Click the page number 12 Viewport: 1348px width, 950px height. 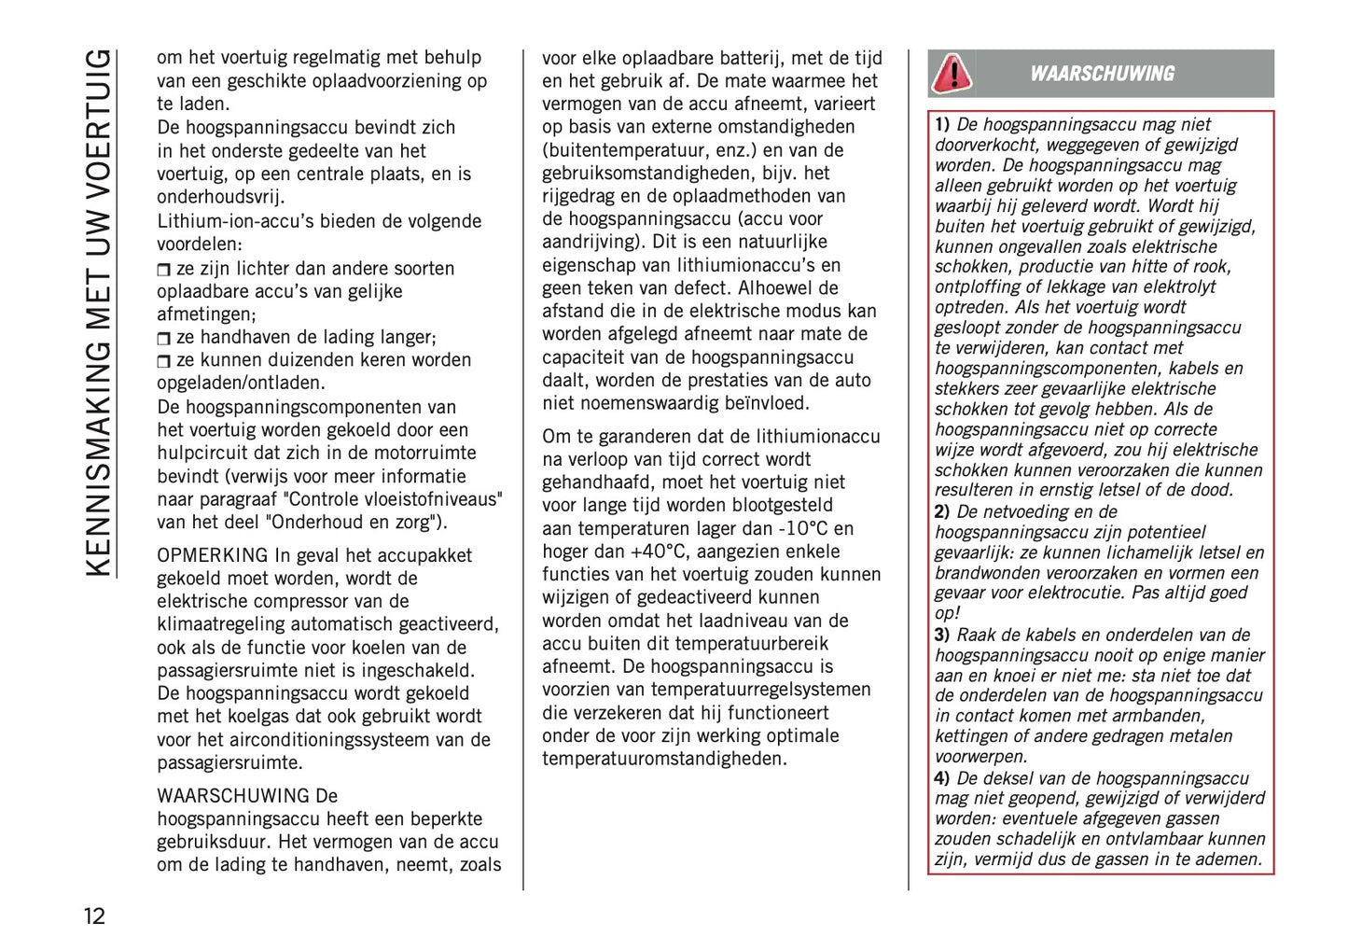click(95, 915)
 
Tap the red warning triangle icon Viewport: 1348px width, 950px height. click(952, 73)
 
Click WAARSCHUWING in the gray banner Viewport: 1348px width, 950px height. click(1102, 74)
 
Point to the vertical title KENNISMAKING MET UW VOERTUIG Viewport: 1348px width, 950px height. click(98, 313)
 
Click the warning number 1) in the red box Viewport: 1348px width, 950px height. click(942, 124)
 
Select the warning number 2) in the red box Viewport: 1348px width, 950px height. click(942, 511)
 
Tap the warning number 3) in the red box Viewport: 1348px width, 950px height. click(942, 635)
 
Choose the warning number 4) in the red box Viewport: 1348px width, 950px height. click(942, 778)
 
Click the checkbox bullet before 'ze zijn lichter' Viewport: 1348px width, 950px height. click(164, 270)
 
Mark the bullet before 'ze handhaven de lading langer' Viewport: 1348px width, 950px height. click(164, 338)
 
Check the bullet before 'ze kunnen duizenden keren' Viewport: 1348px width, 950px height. click(164, 361)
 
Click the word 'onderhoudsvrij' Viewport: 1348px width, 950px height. click(220, 197)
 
